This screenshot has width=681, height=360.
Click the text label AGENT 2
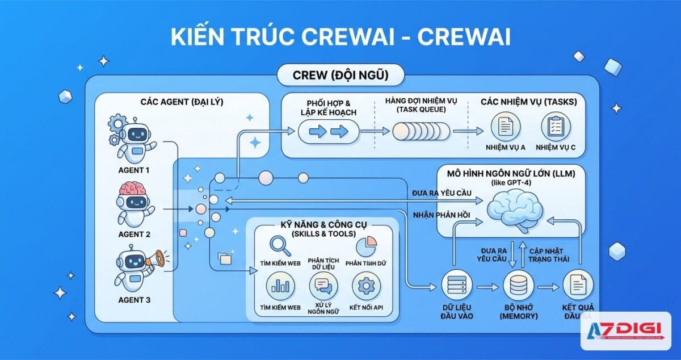[134, 234]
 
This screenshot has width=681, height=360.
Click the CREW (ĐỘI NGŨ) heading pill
[340, 74]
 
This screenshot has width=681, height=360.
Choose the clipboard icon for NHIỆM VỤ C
[555, 126]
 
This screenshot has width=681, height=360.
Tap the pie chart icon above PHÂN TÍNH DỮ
[367, 246]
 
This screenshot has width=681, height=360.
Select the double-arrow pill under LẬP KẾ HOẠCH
[328, 132]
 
